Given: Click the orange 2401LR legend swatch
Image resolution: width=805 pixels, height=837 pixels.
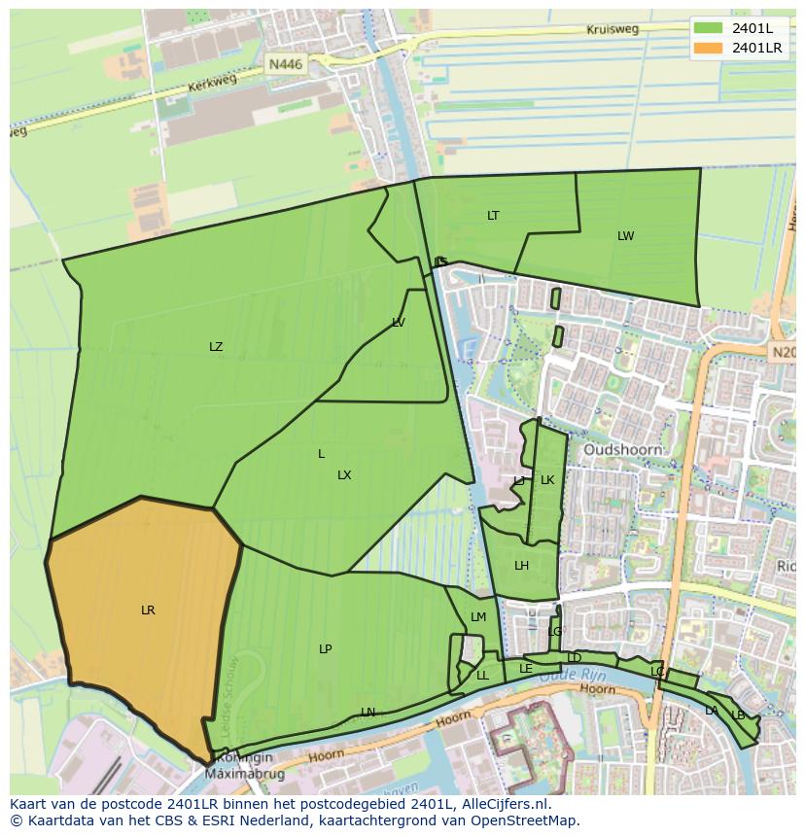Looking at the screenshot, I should click(x=708, y=48).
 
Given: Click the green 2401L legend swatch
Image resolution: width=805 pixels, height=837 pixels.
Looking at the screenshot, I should click(x=708, y=28).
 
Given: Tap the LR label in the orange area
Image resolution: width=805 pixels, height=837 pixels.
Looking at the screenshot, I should click(x=148, y=610).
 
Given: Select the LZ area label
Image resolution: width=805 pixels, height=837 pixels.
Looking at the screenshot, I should click(x=216, y=347).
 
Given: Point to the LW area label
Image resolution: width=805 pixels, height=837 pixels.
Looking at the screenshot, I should click(x=625, y=236).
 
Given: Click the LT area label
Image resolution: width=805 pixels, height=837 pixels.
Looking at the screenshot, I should click(x=493, y=216).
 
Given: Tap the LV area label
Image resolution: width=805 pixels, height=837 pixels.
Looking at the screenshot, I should click(x=399, y=323).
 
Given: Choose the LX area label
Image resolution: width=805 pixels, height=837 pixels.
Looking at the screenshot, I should click(x=344, y=475).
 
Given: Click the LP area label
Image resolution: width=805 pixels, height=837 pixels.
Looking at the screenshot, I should click(x=326, y=649).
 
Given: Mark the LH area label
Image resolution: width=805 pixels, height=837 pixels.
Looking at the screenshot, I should click(x=522, y=566).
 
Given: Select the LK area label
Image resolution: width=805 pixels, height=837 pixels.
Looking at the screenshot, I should click(x=547, y=480).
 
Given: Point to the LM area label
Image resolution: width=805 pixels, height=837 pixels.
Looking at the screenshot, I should click(x=478, y=617).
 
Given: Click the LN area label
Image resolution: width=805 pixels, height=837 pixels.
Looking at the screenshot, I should click(x=367, y=713).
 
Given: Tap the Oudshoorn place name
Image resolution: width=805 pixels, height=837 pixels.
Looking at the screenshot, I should click(x=623, y=450).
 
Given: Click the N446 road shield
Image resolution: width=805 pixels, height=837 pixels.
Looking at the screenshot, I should click(x=286, y=64).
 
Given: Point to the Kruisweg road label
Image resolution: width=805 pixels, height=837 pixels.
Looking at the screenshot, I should click(x=612, y=29).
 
